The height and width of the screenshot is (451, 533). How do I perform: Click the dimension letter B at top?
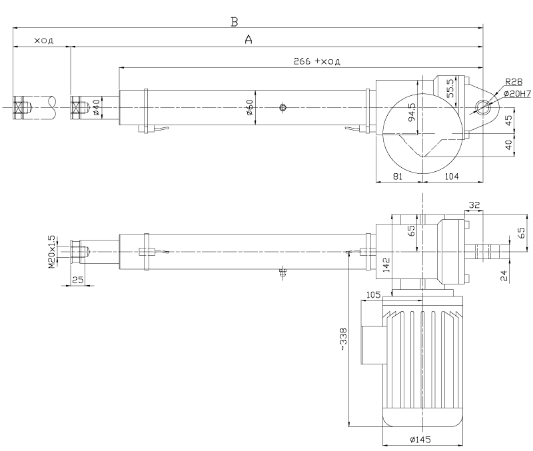point(235,22)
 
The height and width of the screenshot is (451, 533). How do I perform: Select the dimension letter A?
point(249,40)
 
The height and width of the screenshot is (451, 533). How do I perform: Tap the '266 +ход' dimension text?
point(316,61)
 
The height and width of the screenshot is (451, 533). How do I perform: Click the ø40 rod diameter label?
point(96,107)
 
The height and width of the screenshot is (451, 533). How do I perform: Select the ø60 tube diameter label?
point(249,107)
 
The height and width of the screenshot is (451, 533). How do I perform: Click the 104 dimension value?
point(452,177)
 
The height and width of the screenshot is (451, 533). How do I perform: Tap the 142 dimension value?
point(384,265)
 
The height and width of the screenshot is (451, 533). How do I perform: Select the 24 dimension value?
point(504,274)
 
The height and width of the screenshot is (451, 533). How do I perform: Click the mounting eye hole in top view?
point(482,107)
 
